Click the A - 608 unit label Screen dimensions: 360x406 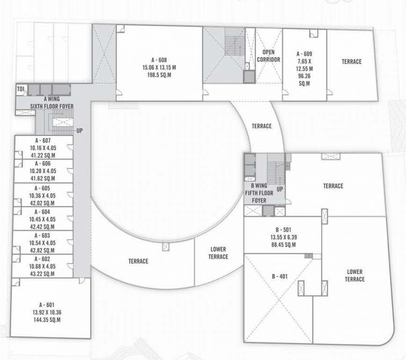[x=159, y=60]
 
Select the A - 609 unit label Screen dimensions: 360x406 [x=304, y=54]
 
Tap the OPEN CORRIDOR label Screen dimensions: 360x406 [x=268, y=56]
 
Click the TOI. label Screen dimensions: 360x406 [x=21, y=89]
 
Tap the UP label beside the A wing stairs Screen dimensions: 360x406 [x=80, y=131]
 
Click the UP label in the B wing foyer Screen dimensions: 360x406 [x=280, y=189]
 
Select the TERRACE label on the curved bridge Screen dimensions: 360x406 [x=261, y=126]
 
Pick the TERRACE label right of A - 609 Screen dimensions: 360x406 [x=351, y=62]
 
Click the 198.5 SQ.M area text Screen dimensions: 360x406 [x=159, y=75]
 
